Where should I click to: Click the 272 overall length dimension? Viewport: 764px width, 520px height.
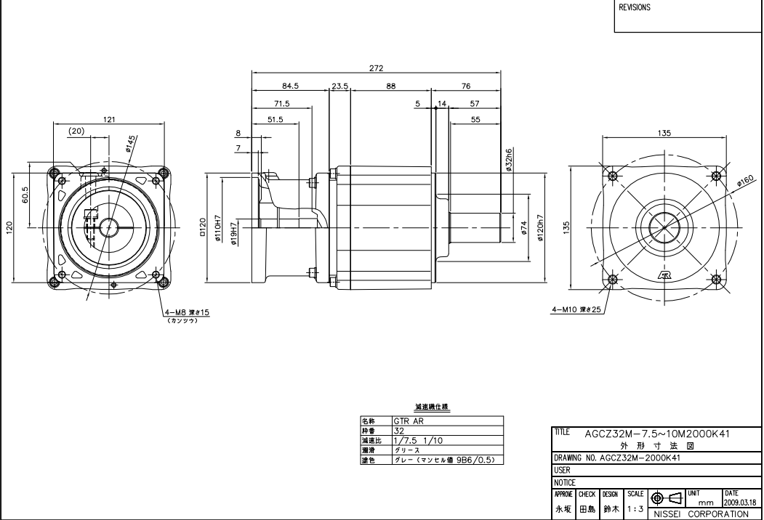pyautogui.click(x=376, y=68)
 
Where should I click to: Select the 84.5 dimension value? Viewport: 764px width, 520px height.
pyautogui.click(x=290, y=86)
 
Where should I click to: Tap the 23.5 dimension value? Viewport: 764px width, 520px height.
pyautogui.click(x=339, y=86)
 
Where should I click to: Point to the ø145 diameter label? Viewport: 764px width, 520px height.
pyautogui.click(x=132, y=143)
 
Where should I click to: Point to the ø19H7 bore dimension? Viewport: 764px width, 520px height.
pyautogui.click(x=233, y=235)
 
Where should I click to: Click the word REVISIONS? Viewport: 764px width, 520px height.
pyautogui.click(x=635, y=9)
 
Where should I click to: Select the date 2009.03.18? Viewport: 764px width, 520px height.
pyautogui.click(x=739, y=501)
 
